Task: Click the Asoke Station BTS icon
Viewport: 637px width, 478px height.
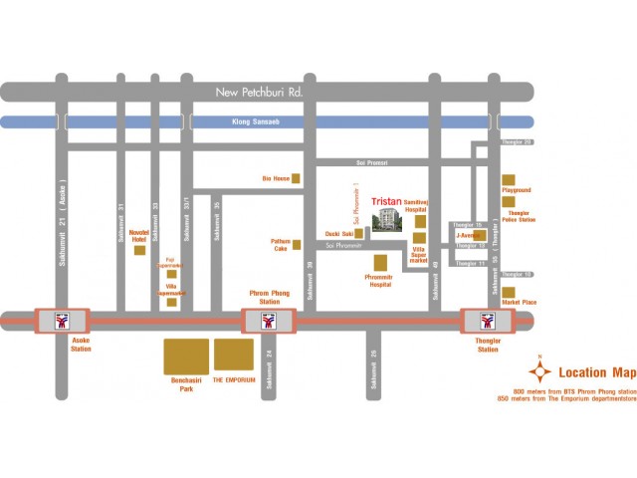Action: (x=63, y=321)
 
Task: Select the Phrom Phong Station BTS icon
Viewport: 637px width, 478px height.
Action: (x=269, y=321)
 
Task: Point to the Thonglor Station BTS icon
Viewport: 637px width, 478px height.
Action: (x=488, y=321)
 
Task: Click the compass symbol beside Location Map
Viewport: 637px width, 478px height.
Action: (x=540, y=372)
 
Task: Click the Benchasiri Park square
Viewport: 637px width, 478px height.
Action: (x=186, y=357)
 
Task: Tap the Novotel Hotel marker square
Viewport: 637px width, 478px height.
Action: (x=139, y=250)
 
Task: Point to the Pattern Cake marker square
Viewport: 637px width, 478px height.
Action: (x=297, y=245)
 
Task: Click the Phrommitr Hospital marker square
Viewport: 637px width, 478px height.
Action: (x=380, y=262)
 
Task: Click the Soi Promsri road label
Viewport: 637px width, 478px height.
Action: (x=372, y=162)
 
